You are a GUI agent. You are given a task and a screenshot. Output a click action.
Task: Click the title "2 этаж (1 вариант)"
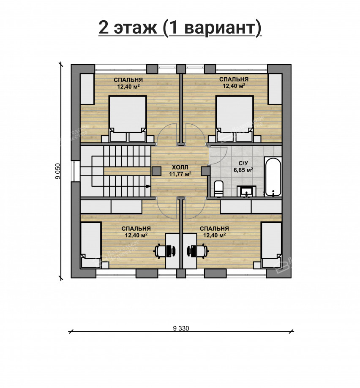[180, 28]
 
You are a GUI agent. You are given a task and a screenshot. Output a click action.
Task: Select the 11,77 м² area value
[180, 173]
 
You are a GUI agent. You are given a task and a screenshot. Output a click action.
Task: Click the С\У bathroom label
[243, 164]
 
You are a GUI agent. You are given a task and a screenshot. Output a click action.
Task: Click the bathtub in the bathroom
[273, 177]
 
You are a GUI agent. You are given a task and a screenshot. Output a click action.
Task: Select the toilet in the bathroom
[218, 189]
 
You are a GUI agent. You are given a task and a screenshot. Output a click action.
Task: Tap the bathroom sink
[247, 192]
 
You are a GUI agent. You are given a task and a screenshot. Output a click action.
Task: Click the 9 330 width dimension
[181, 328]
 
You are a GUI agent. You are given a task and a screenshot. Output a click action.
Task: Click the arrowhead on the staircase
[147, 186]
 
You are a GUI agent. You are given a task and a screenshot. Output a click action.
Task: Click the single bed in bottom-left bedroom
[90, 245]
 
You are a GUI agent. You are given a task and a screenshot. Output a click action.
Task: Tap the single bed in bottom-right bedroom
[271, 245]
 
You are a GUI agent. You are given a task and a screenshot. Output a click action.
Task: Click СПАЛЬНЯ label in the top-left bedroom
[128, 79]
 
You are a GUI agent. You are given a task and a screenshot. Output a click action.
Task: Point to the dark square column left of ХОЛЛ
[156, 171]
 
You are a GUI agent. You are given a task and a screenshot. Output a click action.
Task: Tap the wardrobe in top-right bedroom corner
[275, 89]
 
